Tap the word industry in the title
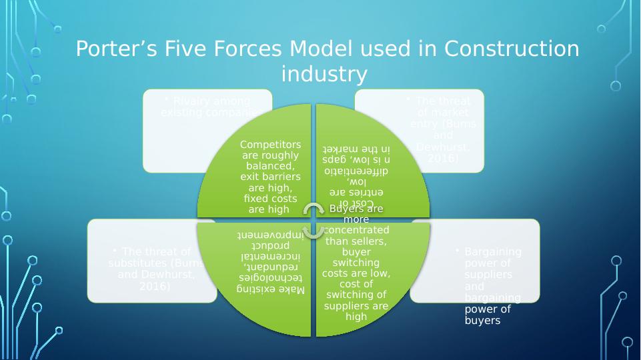(324, 74)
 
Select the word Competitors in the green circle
(271, 145)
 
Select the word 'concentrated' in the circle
(356, 230)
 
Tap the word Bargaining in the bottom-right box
(493, 252)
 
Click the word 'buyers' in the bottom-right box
(482, 320)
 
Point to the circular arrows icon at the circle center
(313, 220)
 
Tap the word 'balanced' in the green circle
(270, 166)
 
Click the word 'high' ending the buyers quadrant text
(356, 317)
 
